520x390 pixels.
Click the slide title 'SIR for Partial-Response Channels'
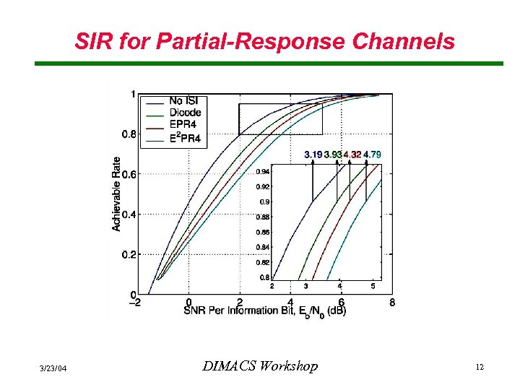point(264,41)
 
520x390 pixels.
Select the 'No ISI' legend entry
point(185,100)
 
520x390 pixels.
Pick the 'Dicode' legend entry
point(185,112)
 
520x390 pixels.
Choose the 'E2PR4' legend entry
point(186,137)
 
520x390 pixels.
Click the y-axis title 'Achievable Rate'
point(116,194)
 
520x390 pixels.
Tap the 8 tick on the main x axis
point(392,303)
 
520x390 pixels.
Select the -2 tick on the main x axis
point(135,303)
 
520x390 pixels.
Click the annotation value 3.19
point(313,155)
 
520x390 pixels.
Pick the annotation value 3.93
point(333,155)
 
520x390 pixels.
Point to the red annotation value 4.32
point(352,155)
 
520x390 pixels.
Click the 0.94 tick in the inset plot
point(264,172)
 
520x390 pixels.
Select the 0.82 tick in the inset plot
point(264,262)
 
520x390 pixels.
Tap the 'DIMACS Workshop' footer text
point(259,367)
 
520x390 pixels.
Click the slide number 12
point(479,368)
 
